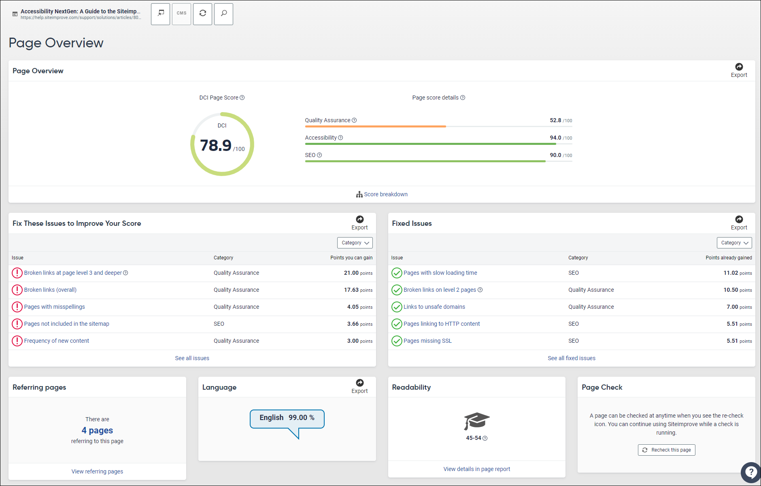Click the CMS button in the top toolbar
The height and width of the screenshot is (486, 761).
[181, 14]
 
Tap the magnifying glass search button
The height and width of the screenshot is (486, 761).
[223, 14]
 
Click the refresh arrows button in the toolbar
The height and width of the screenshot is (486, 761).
[202, 14]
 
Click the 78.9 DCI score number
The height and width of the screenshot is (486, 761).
[216, 145]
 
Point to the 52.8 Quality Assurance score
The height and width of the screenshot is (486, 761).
[555, 120]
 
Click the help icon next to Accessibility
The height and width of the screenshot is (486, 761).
[340, 138]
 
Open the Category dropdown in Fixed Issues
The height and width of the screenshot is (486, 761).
[734, 243]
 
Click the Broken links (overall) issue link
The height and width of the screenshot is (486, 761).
[50, 290]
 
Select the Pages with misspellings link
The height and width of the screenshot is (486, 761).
[54, 307]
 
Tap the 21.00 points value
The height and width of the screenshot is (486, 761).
[351, 273]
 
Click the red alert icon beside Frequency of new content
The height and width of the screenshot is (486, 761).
[17, 341]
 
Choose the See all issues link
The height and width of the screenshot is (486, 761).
[192, 358]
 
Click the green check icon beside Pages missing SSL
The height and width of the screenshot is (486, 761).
[397, 341]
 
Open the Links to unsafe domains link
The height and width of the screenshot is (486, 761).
[434, 307]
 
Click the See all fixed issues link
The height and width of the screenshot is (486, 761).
[571, 358]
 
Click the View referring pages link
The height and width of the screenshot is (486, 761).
[97, 471]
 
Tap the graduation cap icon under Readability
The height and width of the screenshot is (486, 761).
[476, 421]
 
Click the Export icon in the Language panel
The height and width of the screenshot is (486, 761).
[359, 383]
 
